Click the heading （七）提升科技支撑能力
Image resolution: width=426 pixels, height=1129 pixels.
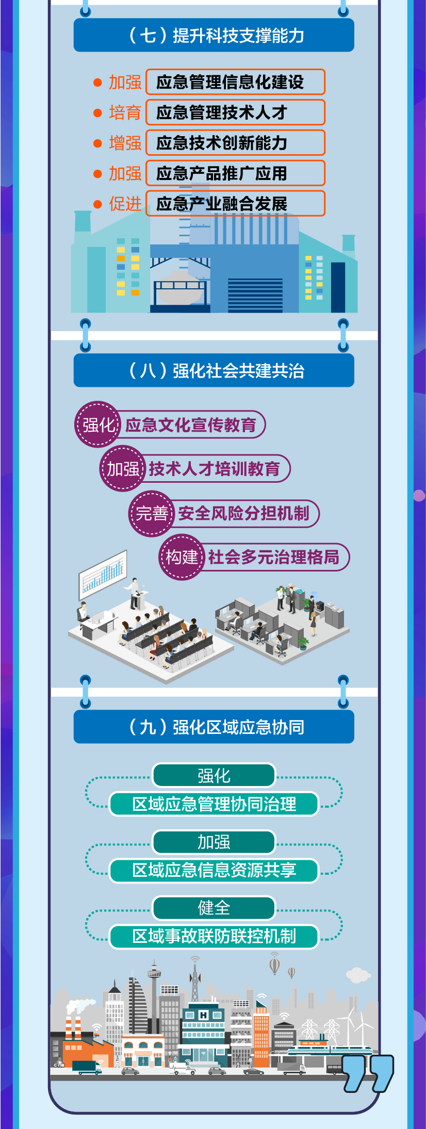pyautogui.click(x=214, y=35)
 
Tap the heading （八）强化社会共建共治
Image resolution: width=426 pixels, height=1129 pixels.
pyautogui.click(x=214, y=370)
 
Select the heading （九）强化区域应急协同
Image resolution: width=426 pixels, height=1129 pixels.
pyautogui.click(x=214, y=727)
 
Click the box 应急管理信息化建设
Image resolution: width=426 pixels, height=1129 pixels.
pyautogui.click(x=235, y=82)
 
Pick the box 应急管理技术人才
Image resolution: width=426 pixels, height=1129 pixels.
pyautogui.click(x=235, y=112)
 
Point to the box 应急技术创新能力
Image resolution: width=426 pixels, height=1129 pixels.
pyautogui.click(x=235, y=143)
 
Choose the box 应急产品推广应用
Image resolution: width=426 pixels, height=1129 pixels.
pyautogui.click(x=235, y=173)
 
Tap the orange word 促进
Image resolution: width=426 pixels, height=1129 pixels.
pyautogui.click(x=125, y=204)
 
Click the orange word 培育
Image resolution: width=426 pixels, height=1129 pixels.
pyautogui.click(x=125, y=112)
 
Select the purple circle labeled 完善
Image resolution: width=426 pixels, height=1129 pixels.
pyautogui.click(x=151, y=514)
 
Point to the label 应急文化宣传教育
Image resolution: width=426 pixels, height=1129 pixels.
pyautogui.click(x=191, y=425)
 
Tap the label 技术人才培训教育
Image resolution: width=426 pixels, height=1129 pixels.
pyautogui.click(x=215, y=469)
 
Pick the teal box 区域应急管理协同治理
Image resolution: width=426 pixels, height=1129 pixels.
pyautogui.click(x=214, y=804)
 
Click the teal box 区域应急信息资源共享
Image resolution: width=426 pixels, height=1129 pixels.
pyautogui.click(x=214, y=870)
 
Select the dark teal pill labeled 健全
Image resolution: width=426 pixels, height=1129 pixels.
pyautogui.click(x=214, y=908)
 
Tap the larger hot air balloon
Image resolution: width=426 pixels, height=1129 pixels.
pyautogui.click(x=275, y=964)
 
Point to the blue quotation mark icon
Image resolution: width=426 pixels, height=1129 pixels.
pyautogui.click(x=368, y=1072)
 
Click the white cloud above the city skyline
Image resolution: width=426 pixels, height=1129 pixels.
pyautogui.click(x=358, y=975)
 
